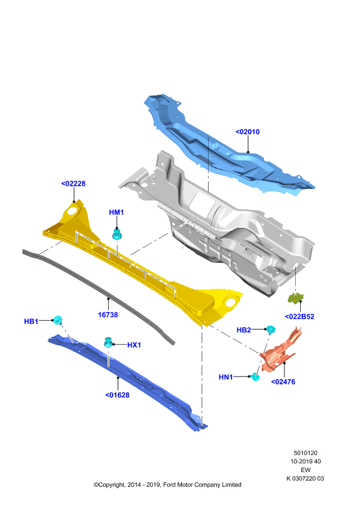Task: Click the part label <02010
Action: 247,132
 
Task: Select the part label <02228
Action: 73,183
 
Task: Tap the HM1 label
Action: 116,213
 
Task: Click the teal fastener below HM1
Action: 117,234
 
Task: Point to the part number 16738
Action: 107,314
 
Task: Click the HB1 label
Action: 31,321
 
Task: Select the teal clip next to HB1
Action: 58,320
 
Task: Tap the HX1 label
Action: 134,345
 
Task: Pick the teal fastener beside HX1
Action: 108,342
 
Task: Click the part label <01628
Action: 117,395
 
